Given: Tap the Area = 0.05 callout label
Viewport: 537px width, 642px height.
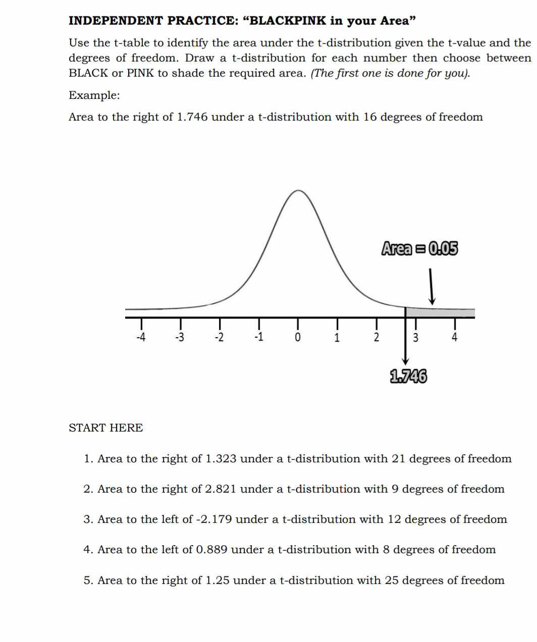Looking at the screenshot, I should (419, 249).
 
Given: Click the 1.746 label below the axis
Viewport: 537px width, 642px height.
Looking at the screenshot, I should (408, 377).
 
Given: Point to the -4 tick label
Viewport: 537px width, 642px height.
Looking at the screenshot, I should (141, 337).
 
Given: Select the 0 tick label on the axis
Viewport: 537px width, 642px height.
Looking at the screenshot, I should (297, 337).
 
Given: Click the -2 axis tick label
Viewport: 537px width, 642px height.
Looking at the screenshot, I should (219, 337).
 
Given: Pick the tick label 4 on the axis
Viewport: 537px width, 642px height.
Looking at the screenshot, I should (454, 337).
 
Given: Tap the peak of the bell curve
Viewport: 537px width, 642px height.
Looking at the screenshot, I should (299, 191).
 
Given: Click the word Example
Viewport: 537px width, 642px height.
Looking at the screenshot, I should (94, 95).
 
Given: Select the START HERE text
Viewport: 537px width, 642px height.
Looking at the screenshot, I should (106, 428).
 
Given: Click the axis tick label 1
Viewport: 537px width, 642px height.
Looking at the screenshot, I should (337, 337).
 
